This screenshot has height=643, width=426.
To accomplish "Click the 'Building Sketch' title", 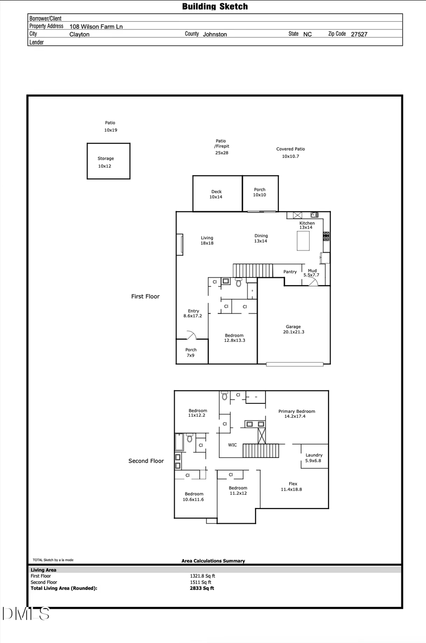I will pyautogui.click(x=215, y=7).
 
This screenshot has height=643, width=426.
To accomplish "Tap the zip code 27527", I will pyautogui.click(x=359, y=34).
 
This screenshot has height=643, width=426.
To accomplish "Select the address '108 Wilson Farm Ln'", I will pyautogui.click(x=96, y=27).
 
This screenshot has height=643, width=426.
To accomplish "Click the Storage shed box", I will pyautogui.click(x=108, y=161).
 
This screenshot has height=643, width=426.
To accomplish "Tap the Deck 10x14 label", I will pyautogui.click(x=216, y=194).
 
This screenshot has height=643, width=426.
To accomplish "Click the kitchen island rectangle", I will pyautogui.click(x=303, y=241).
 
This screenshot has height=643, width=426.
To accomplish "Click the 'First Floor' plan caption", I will pyautogui.click(x=145, y=296).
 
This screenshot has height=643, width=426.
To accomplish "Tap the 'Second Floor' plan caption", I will pyautogui.click(x=146, y=461).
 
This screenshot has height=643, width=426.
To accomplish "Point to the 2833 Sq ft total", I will pyautogui.click(x=202, y=588).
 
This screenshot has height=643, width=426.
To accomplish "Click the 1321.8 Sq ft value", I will pyautogui.click(x=203, y=576).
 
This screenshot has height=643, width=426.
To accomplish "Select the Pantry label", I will pyautogui.click(x=290, y=272).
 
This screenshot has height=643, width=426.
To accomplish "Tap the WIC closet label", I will pyautogui.click(x=232, y=445).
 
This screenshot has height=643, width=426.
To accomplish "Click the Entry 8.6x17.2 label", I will pyautogui.click(x=193, y=313).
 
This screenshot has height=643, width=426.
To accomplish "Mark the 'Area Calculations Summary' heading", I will pyautogui.click(x=213, y=561).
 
